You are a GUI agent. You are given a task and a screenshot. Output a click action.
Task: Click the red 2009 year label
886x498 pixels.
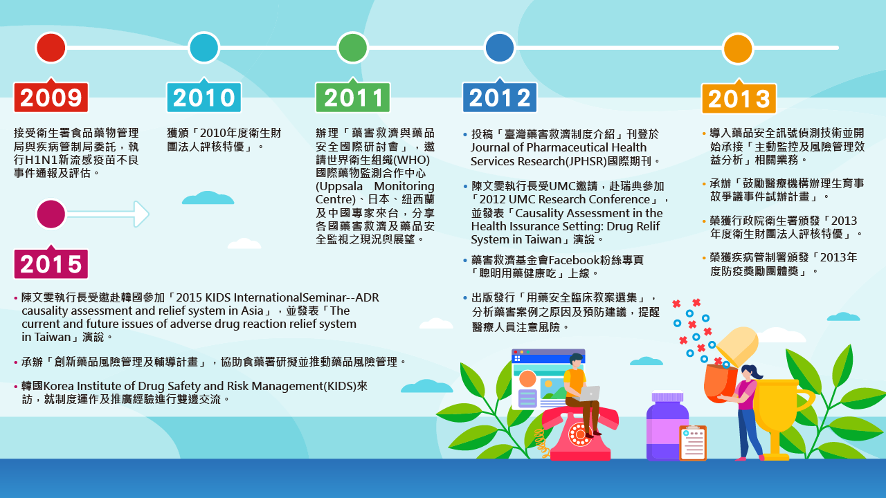[51, 98]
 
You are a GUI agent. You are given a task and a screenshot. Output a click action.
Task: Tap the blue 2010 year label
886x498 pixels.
[204, 98]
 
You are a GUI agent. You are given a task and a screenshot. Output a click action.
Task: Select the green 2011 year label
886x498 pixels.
[353, 98]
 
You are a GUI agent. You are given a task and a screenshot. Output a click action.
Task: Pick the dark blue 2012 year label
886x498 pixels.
[500, 98]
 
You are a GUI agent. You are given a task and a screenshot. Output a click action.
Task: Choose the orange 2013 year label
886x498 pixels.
[739, 98]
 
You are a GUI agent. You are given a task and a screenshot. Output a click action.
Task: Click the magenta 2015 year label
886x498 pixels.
[51, 264]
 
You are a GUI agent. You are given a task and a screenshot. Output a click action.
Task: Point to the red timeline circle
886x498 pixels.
[51, 48]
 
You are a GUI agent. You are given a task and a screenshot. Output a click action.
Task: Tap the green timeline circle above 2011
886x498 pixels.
[353, 48]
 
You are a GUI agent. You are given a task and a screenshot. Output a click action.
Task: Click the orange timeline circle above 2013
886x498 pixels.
[738, 48]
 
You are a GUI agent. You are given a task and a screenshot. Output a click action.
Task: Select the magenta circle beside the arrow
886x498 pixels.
[51, 214]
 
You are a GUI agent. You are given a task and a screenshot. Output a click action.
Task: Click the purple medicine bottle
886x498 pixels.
[668, 426]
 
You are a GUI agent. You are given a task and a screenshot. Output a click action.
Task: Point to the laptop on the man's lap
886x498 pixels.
[588, 394]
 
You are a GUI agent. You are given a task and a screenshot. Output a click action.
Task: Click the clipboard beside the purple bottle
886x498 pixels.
[693, 443]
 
